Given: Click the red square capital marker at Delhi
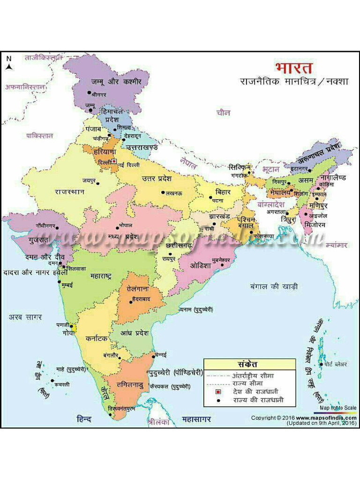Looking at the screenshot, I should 113,162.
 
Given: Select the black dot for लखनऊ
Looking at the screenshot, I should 163,193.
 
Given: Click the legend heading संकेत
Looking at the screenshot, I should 249,364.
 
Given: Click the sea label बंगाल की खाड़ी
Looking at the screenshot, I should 274,286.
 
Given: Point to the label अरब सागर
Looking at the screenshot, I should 25,317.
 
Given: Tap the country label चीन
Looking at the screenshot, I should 224,112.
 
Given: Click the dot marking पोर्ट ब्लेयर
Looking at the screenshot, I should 322,364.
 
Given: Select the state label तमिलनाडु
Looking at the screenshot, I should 127,385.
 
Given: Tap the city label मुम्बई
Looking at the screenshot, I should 68,285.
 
